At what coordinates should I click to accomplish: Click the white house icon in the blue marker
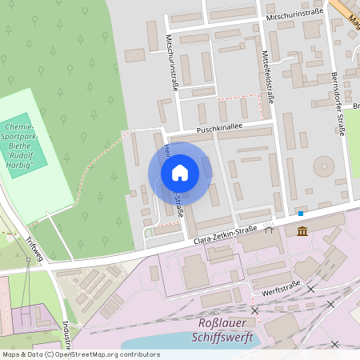(x=180, y=172)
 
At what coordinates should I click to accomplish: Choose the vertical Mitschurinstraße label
(x=171, y=62)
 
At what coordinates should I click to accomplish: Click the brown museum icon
(x=302, y=231)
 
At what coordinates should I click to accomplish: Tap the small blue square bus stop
(x=301, y=213)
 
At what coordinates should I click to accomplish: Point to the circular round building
(x=324, y=167)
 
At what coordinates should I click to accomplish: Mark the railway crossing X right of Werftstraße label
(x=311, y=289)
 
